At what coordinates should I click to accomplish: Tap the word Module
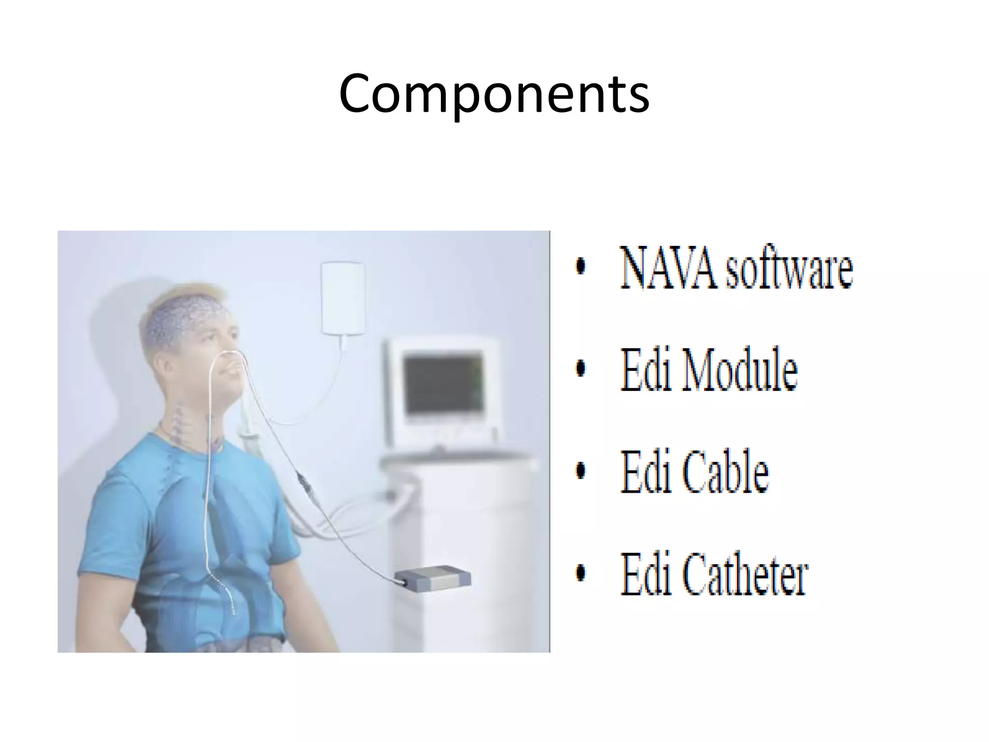coord(739,370)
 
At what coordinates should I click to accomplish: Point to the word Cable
coord(725,472)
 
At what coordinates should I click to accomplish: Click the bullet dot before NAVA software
coord(581,266)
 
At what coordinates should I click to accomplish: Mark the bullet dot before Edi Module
coord(581,369)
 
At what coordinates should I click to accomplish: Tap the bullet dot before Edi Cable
coord(581,471)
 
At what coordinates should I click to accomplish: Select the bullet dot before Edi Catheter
coord(581,573)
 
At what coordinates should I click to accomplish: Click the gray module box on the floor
coord(433,578)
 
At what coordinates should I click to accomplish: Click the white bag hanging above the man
coord(342,298)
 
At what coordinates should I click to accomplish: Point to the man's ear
coord(169,368)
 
